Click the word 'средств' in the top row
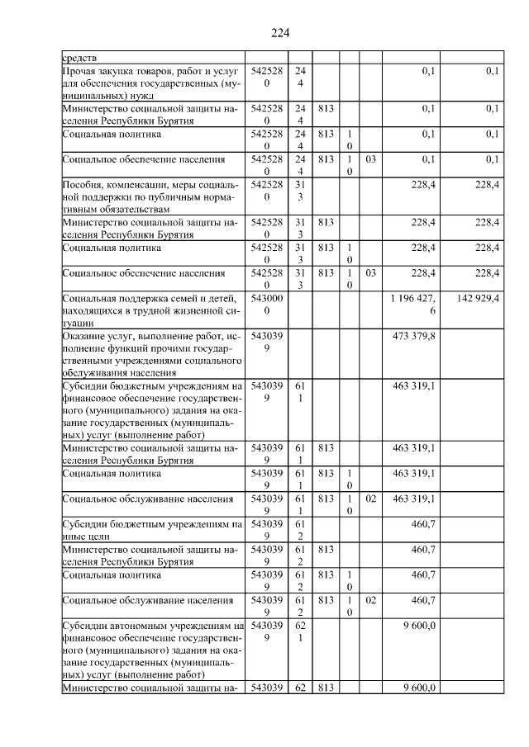pyautogui.click(x=79, y=59)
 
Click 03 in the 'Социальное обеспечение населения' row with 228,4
pyautogui.click(x=370, y=272)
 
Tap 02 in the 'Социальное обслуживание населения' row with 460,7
pyautogui.click(x=370, y=602)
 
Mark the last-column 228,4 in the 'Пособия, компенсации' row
pyautogui.click(x=484, y=186)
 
